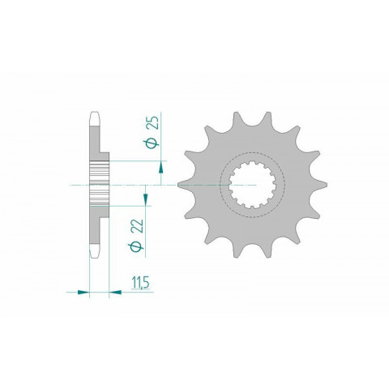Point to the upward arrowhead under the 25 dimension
click(161, 166)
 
